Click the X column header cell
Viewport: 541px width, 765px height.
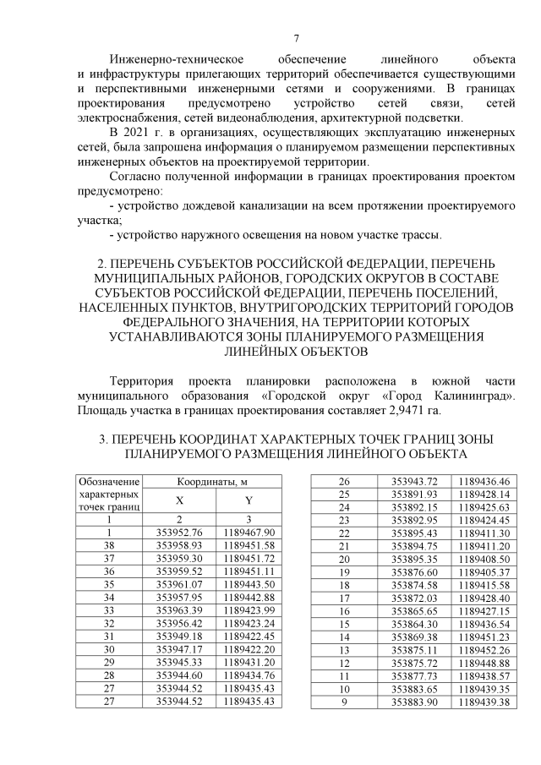[x=178, y=500]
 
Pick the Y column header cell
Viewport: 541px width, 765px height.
[x=249, y=500]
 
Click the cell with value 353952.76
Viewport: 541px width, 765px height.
[x=179, y=532]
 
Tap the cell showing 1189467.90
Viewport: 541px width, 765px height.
[x=249, y=532]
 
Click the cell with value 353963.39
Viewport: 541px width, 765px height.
[x=179, y=611]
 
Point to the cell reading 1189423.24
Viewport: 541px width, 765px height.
[x=249, y=625]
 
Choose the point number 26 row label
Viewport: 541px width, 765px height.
[x=344, y=480]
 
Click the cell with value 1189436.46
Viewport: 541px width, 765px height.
[x=484, y=480]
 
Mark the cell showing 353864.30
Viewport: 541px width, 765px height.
[x=413, y=623]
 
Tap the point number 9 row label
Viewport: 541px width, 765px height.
[x=344, y=702]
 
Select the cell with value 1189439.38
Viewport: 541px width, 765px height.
[x=484, y=702]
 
